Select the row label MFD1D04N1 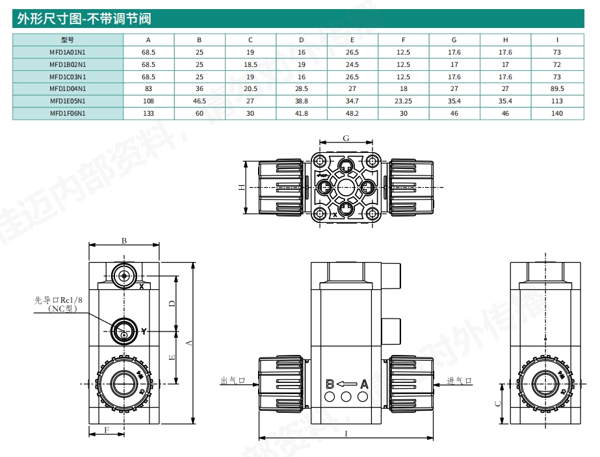68,88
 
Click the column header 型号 68,40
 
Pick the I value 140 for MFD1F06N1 556,113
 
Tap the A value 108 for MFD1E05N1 148,101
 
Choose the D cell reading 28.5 301,88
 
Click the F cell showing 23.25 403,101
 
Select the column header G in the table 454,40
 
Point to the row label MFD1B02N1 68,64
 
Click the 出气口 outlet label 231,381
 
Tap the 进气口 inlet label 458,381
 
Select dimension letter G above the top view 346,138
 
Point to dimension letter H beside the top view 241,187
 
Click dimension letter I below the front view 346,432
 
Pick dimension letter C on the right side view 497,403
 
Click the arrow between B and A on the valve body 346,384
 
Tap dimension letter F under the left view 107,430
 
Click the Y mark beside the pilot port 144,332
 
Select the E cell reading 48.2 352,113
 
